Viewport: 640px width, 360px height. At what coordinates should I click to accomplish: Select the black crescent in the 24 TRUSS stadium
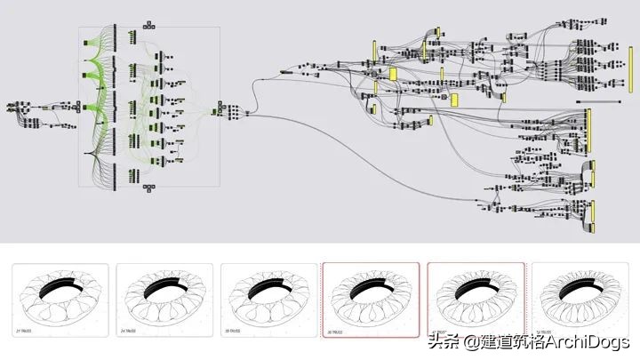pos(164,285)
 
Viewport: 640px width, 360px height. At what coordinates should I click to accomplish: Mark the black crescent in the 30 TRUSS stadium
pos(268,285)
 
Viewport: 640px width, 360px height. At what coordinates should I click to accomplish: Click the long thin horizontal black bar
pos(604,101)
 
